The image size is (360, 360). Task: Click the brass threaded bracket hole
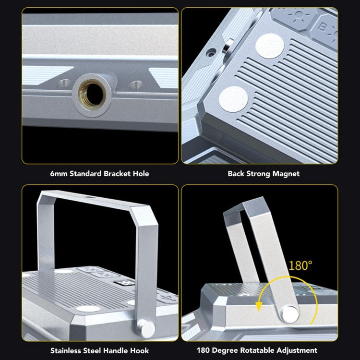[x=92, y=95]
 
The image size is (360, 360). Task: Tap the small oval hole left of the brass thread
[x=63, y=84]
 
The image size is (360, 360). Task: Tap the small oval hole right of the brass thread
[x=136, y=85]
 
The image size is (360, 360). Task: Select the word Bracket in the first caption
[x=117, y=174]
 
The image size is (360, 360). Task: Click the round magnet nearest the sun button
[x=270, y=46]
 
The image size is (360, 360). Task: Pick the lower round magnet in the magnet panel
[x=233, y=99]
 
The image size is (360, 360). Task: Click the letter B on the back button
[x=322, y=27]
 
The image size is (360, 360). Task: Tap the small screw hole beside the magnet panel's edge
[x=211, y=53]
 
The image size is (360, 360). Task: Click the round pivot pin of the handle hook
[x=148, y=329]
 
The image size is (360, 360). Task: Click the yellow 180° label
[x=300, y=265]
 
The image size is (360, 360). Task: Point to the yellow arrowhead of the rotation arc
[x=259, y=307]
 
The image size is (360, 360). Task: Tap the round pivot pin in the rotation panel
[x=290, y=314]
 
